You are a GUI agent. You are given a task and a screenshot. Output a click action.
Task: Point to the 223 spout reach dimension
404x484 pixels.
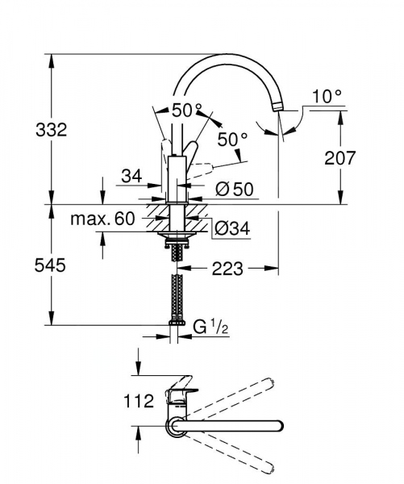[x=227, y=269]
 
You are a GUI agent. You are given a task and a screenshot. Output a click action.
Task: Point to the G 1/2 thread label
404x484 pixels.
[x=210, y=327]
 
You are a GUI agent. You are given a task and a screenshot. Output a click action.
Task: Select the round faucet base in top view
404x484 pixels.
[x=175, y=424]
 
